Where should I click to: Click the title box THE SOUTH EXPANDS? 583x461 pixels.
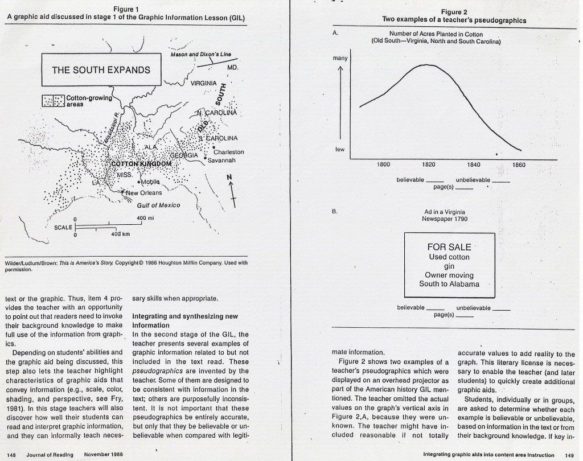pos(101,70)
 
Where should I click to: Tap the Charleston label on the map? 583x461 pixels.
pos(228,152)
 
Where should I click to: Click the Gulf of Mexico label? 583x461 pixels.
pos(158,205)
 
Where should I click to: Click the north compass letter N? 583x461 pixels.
pos(229,177)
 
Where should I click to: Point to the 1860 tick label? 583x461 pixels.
pos(519,165)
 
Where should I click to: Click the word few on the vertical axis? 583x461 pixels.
pos(340,150)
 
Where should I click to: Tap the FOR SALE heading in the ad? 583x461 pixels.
pos(449,247)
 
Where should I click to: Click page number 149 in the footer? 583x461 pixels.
pos(569,454)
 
